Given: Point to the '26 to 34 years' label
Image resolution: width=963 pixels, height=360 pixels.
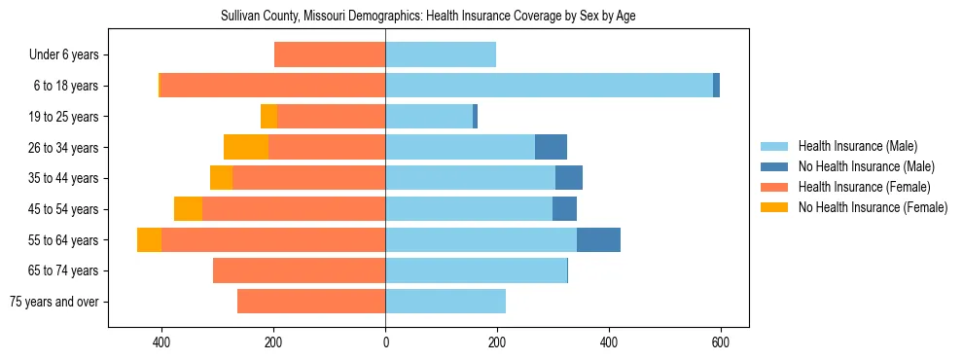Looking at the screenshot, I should [64, 148].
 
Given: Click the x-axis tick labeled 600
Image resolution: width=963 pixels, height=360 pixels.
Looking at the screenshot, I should [721, 342].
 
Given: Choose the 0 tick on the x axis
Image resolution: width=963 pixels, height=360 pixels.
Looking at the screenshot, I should [385, 342].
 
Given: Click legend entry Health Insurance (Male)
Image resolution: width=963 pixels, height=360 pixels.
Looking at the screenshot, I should [857, 146].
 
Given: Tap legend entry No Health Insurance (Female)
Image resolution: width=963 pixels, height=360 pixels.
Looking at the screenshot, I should [873, 207].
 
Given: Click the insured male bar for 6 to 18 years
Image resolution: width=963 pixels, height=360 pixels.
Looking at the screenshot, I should [549, 86].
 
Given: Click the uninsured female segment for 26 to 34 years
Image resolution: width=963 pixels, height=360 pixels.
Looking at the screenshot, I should [246, 148].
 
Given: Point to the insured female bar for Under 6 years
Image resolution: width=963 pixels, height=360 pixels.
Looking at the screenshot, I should [330, 55].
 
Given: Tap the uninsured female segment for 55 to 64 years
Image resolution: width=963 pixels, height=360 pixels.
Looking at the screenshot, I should [149, 240].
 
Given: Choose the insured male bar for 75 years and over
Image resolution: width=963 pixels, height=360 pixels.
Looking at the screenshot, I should [446, 302].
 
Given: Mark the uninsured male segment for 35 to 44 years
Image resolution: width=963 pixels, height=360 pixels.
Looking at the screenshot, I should [569, 178].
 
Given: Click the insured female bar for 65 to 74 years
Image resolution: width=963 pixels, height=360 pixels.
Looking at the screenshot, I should [299, 270].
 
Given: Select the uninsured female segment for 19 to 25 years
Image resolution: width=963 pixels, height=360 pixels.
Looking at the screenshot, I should [268, 117].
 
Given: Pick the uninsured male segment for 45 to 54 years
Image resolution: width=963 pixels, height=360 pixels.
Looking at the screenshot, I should [564, 209].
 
